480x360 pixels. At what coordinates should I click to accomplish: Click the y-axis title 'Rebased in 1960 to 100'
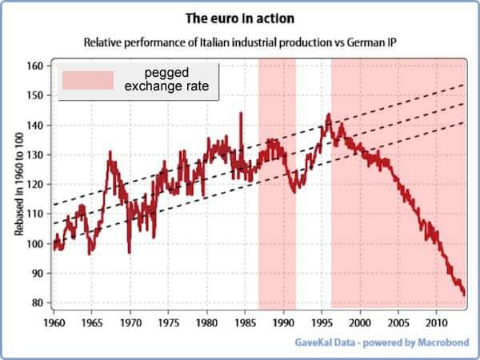(x=18, y=184)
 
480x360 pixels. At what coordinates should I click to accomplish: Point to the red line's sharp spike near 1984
(x=241, y=114)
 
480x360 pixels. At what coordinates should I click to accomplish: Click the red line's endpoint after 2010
(x=464, y=294)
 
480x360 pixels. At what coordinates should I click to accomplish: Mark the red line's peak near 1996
(x=328, y=114)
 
